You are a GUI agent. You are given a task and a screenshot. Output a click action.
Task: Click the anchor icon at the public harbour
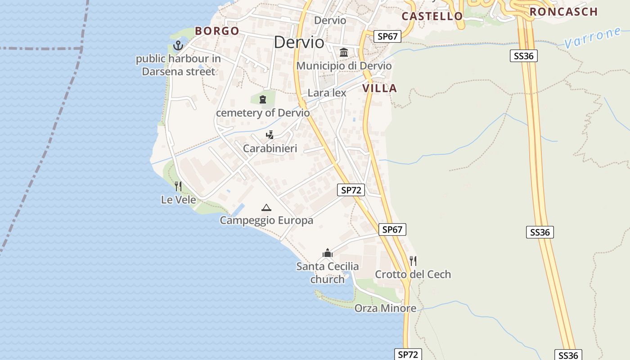point(178,45)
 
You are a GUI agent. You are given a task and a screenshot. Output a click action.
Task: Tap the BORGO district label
point(217,31)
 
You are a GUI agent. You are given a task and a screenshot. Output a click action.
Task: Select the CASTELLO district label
point(432,17)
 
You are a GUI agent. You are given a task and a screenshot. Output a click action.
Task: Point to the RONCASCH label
point(563,12)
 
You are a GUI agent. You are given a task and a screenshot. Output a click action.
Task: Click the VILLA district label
point(380,89)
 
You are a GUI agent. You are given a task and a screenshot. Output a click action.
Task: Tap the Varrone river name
point(593,38)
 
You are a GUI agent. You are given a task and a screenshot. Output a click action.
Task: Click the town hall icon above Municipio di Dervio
point(344,52)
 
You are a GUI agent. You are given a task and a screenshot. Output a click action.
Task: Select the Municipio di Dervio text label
point(344,66)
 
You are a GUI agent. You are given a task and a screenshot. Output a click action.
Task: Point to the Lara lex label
point(327,93)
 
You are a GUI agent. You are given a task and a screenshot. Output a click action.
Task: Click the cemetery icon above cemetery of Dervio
point(263,99)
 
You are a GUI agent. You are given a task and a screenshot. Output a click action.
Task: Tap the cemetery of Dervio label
point(263,113)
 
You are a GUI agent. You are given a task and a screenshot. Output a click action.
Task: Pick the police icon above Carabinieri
point(270,135)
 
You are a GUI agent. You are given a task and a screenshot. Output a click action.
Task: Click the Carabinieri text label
point(270,148)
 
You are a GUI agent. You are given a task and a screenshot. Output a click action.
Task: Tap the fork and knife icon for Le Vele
point(178,186)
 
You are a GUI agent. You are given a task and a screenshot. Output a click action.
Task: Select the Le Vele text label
point(178,200)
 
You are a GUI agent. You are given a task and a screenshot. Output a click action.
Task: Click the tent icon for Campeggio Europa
point(266,207)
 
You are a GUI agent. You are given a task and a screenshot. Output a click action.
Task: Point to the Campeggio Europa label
point(266,220)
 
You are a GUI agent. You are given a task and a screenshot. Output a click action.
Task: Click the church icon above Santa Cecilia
point(328,253)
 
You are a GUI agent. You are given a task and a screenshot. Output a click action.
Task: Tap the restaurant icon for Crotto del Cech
point(413,261)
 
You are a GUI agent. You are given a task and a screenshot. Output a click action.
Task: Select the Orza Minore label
point(385,308)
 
